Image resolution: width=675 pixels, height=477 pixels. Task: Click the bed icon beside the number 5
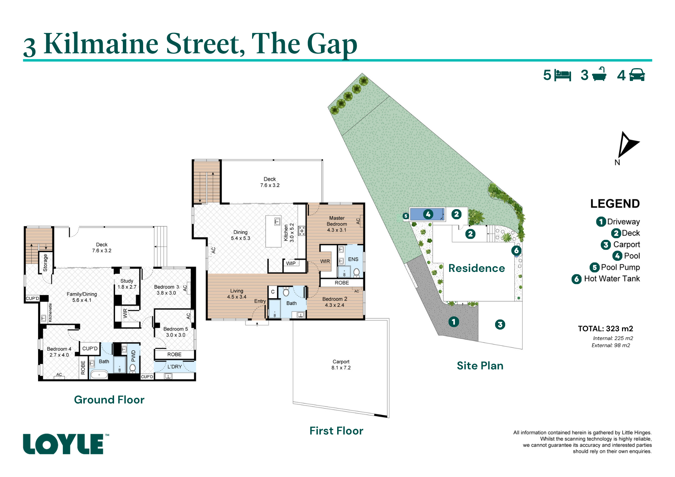pos(563,75)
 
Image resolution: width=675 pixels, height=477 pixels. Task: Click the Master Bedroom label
pos(337,224)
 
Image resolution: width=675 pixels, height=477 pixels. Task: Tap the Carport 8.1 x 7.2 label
pos(341,365)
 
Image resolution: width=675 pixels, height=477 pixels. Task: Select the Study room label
pos(127,284)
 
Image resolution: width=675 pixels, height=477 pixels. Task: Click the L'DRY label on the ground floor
pos(174,367)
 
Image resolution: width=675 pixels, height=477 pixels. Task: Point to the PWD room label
pos(133,356)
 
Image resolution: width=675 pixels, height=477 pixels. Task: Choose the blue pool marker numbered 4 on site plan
pos(428,214)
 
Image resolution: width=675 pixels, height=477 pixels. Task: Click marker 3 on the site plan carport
pos(500,325)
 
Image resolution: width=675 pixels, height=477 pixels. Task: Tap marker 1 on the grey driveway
pos(454,322)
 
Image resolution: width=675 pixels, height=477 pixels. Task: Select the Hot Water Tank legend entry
pos(606,279)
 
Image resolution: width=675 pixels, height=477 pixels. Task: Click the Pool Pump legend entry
pos(615,267)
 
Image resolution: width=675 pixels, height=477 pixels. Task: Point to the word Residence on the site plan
pos(477,268)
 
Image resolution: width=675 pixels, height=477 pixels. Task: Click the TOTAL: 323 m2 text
pos(605,329)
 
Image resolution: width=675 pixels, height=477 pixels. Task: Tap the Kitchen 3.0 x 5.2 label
pos(289,233)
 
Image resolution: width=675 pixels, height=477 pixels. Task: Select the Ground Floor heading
pos(109,400)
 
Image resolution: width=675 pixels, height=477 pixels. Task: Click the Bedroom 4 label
pos(59,352)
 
